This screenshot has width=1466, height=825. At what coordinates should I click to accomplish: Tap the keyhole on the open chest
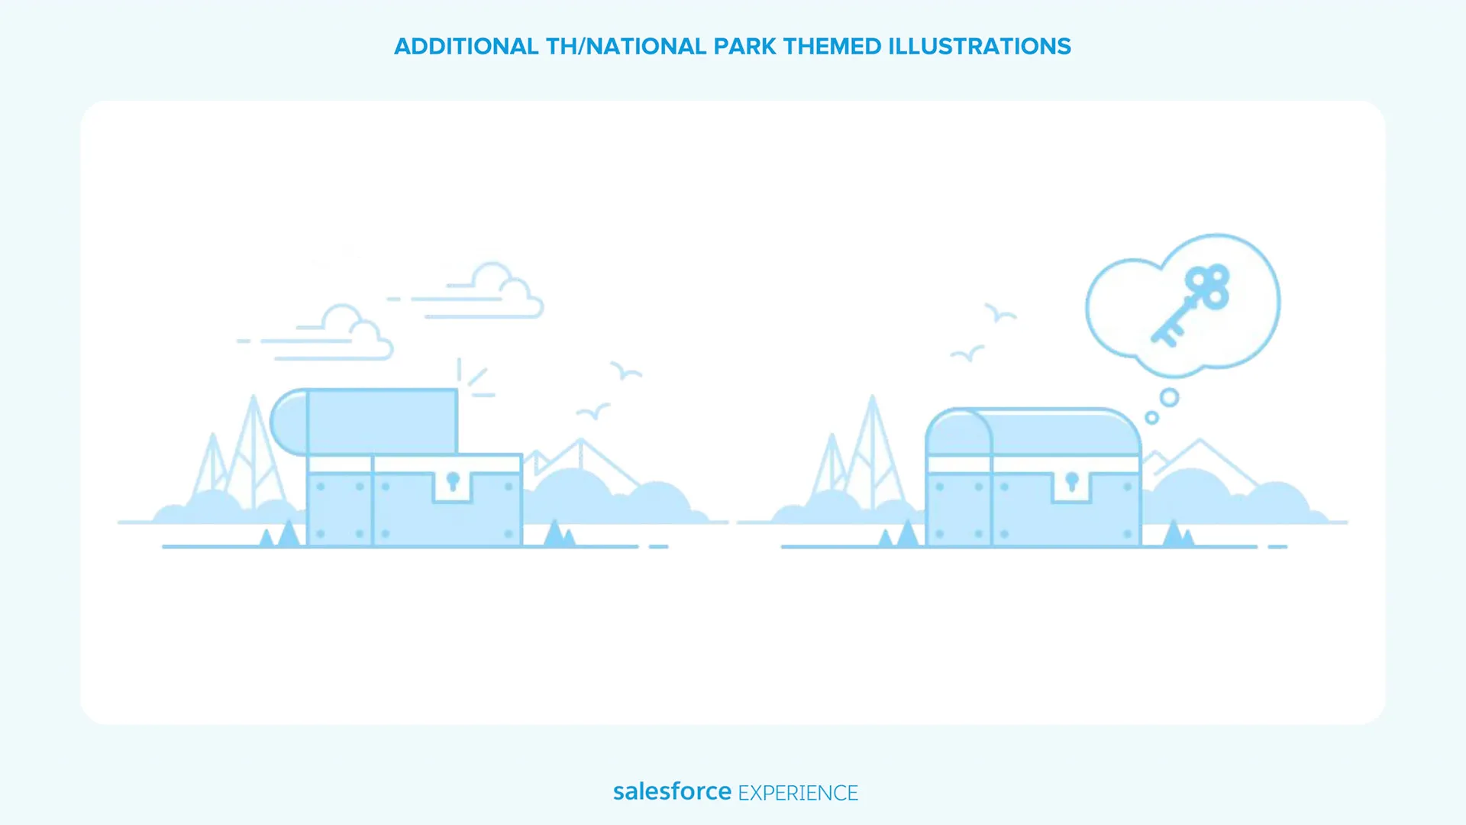coord(453,481)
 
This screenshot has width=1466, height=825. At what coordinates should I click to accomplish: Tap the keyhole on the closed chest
coord(1072,481)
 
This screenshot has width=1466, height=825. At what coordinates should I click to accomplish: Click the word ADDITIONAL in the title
coord(467,47)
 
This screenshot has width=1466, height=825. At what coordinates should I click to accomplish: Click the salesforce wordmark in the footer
coord(672,791)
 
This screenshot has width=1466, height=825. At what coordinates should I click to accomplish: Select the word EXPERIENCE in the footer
coord(798,793)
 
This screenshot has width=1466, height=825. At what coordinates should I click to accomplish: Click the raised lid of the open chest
coord(364,422)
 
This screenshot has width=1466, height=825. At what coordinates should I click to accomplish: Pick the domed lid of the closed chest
coord(1033,432)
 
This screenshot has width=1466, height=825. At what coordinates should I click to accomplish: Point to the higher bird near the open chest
coord(626,370)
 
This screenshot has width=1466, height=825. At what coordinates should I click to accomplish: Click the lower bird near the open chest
coord(593,412)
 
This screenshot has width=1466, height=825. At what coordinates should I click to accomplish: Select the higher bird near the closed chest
coord(1000,312)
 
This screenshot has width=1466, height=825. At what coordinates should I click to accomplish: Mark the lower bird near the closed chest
coord(967,354)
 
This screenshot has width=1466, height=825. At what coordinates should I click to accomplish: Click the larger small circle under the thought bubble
coord(1169,397)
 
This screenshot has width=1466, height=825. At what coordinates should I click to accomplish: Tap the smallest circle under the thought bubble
coord(1152,418)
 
